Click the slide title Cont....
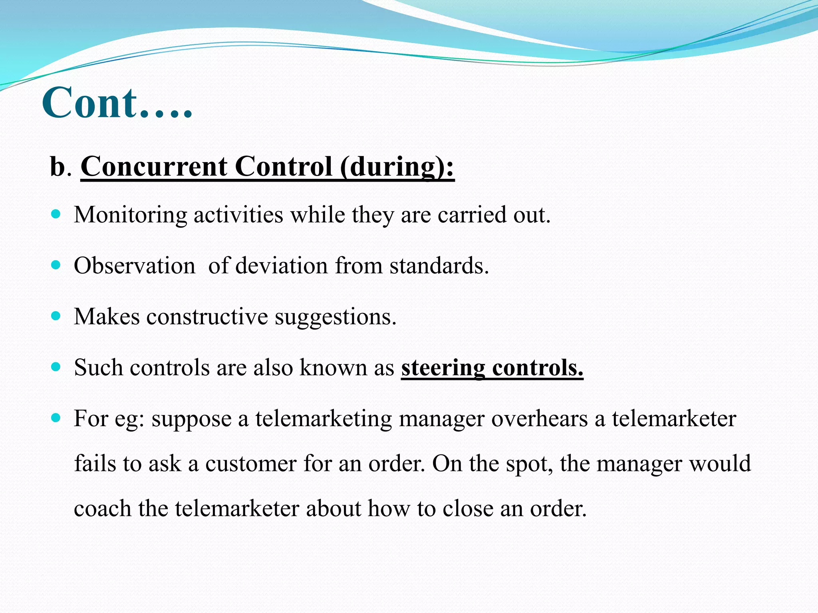click(117, 103)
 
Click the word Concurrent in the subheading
click(154, 167)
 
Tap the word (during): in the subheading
click(397, 167)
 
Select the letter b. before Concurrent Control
click(60, 167)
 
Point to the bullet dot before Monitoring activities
click(56, 214)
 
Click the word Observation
click(135, 266)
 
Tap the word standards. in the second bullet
click(439, 266)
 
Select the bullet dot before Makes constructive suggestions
click(56, 316)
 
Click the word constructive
click(207, 317)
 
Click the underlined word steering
click(443, 368)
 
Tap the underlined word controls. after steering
click(538, 368)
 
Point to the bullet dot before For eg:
click(56, 418)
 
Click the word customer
click(250, 464)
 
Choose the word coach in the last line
click(103, 509)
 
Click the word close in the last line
click(468, 509)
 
